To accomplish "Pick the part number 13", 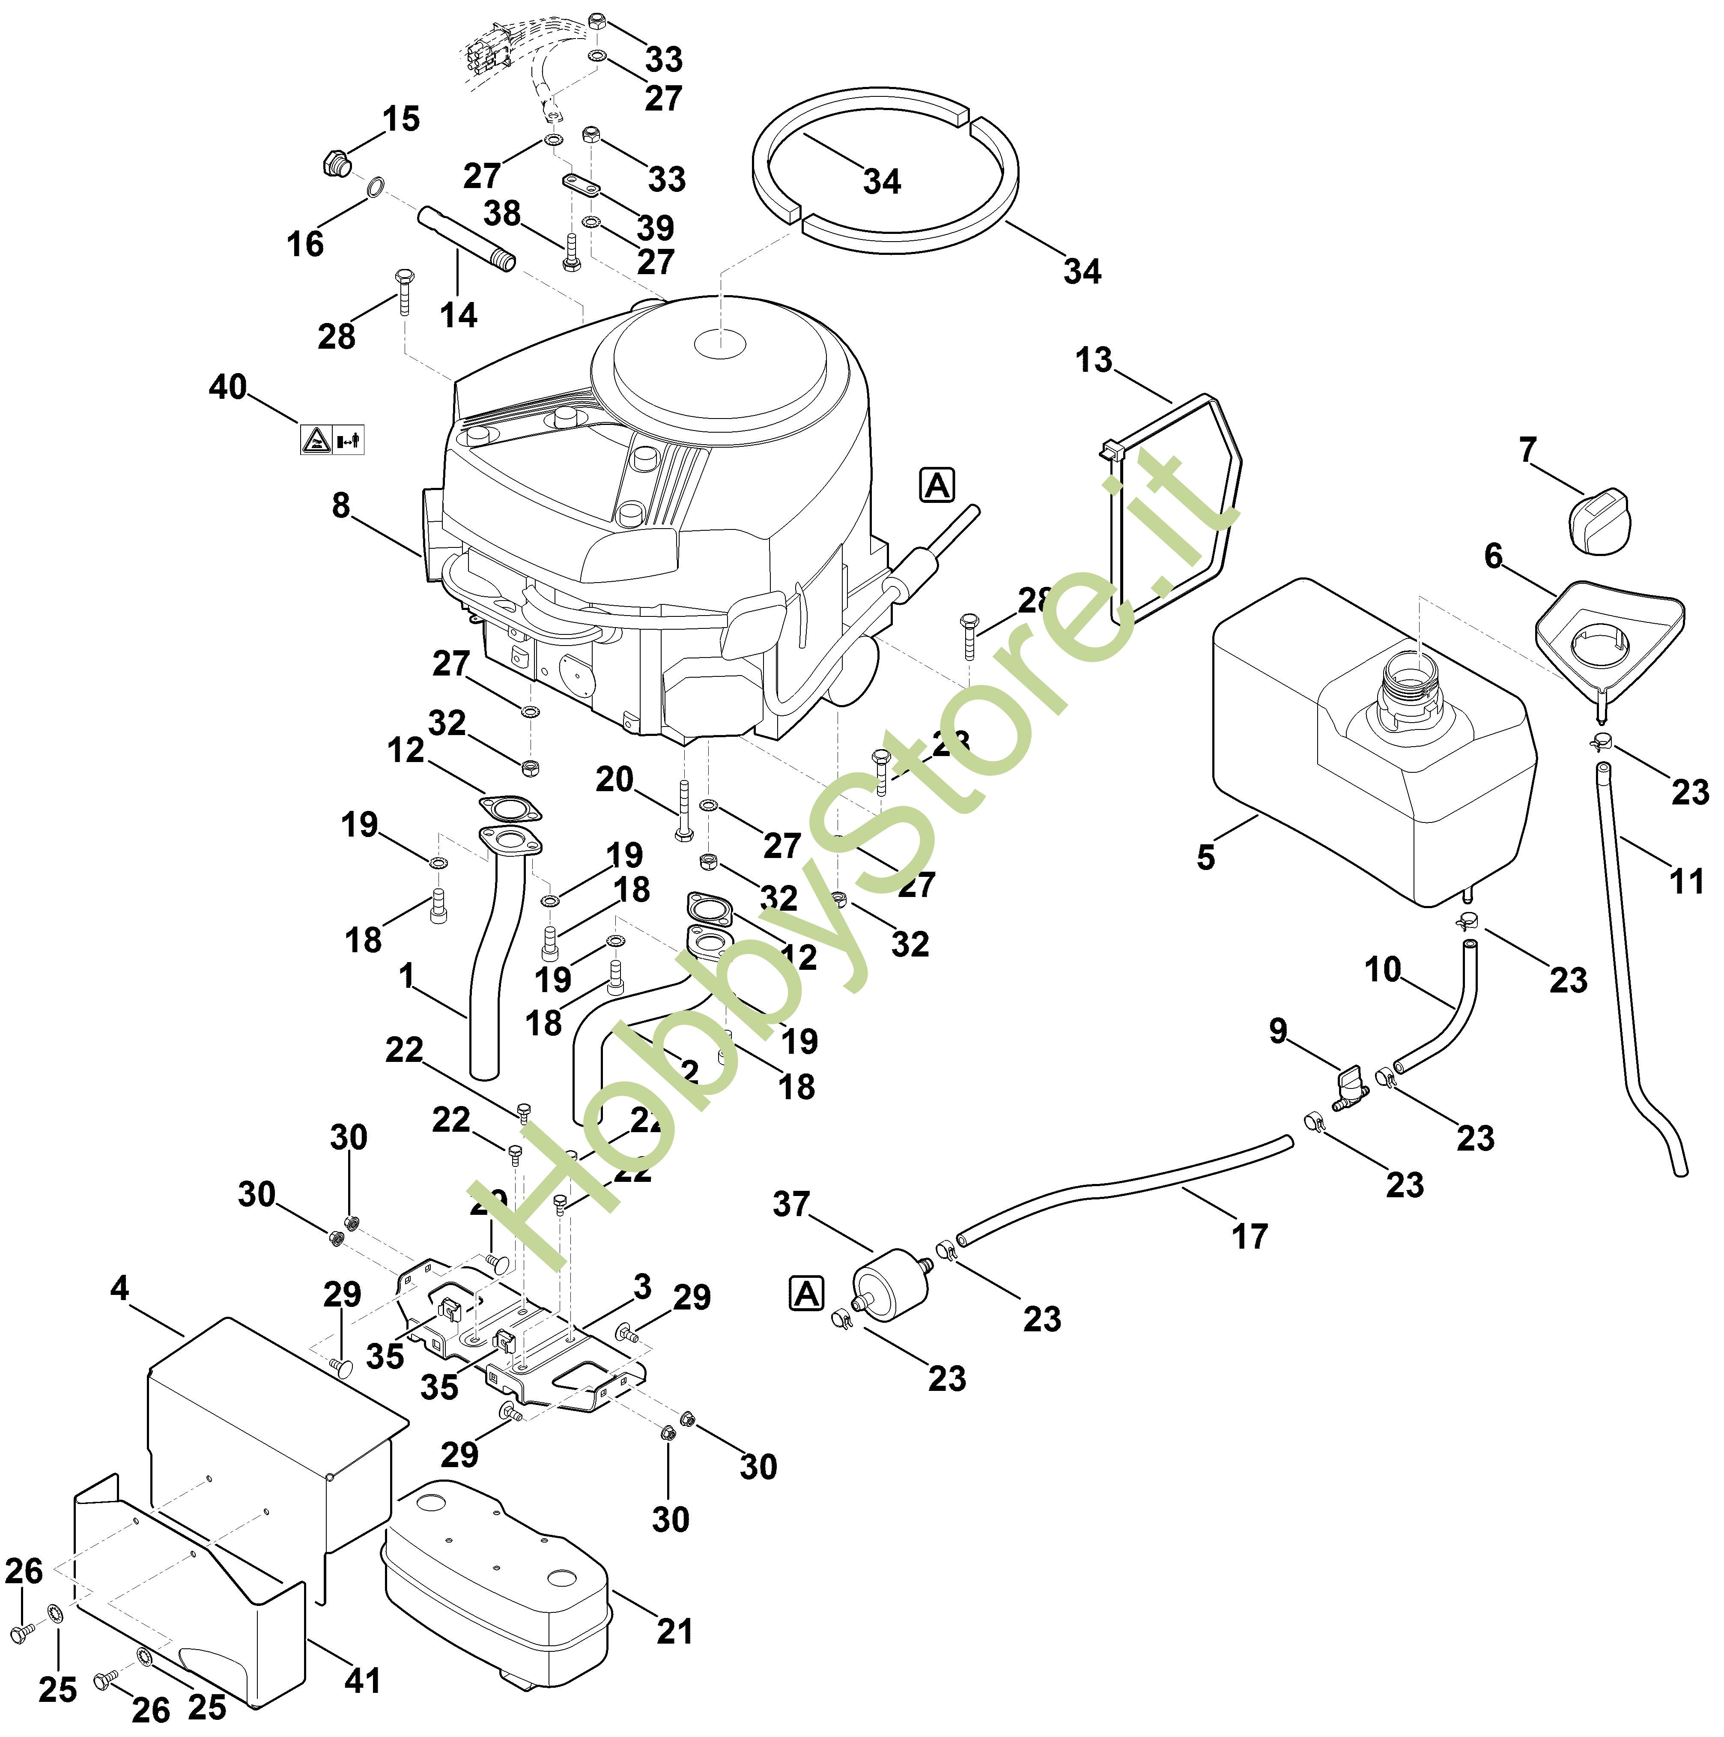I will (1094, 361).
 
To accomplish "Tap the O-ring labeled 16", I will (377, 188).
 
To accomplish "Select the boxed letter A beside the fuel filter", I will (806, 1295).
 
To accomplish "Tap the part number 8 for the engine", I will (341, 506).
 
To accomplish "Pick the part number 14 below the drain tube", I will (459, 316).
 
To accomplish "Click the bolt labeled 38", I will (570, 253).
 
